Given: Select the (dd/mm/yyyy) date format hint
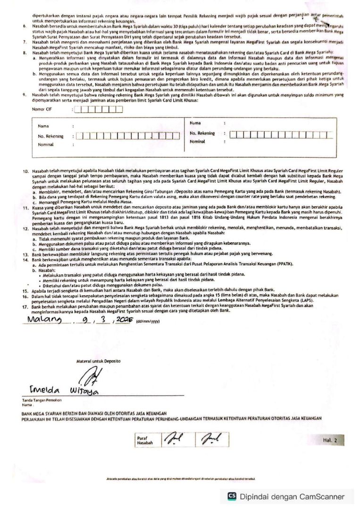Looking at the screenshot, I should point(148,322).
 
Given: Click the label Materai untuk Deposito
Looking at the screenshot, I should point(98,361).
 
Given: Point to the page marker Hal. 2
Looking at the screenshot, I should point(331,440).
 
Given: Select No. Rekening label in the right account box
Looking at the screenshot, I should point(202,133).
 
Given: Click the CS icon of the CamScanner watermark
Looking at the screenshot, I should point(232,496).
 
